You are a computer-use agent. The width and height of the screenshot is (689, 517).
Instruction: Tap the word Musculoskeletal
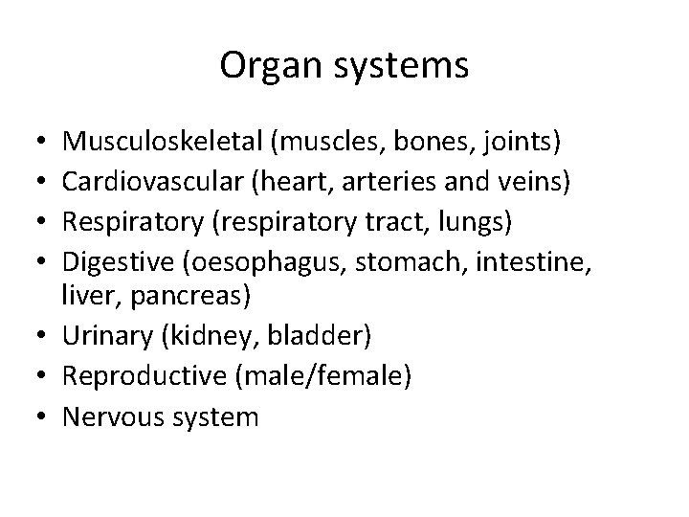(162, 143)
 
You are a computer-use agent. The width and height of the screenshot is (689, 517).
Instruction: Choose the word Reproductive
(144, 376)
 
